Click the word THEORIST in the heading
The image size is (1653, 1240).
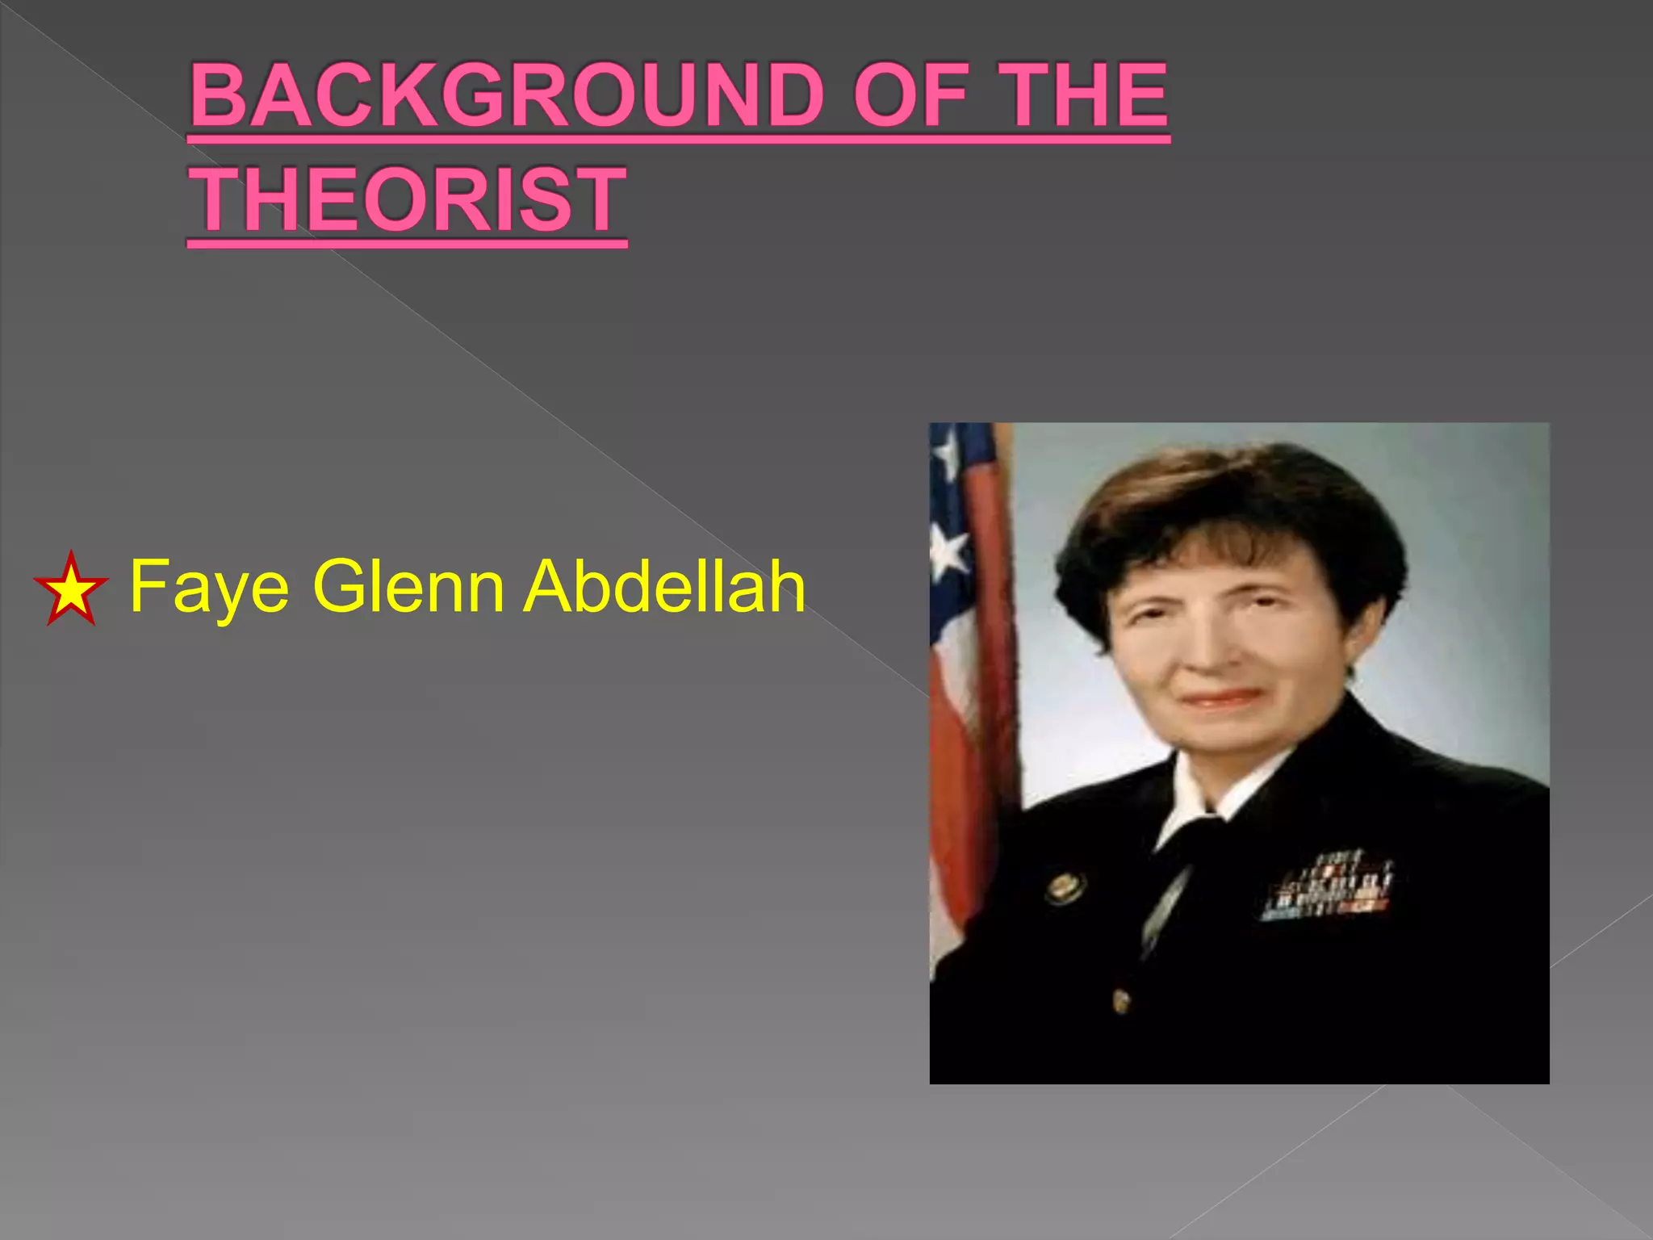(x=408, y=199)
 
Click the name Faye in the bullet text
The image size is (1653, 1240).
(x=209, y=588)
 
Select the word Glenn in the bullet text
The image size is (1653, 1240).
(x=408, y=586)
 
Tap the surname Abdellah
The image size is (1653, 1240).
(x=664, y=586)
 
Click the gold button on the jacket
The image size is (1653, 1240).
(x=1120, y=1001)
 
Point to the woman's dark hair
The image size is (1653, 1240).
(x=1227, y=509)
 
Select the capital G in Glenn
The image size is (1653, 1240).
(x=337, y=586)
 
